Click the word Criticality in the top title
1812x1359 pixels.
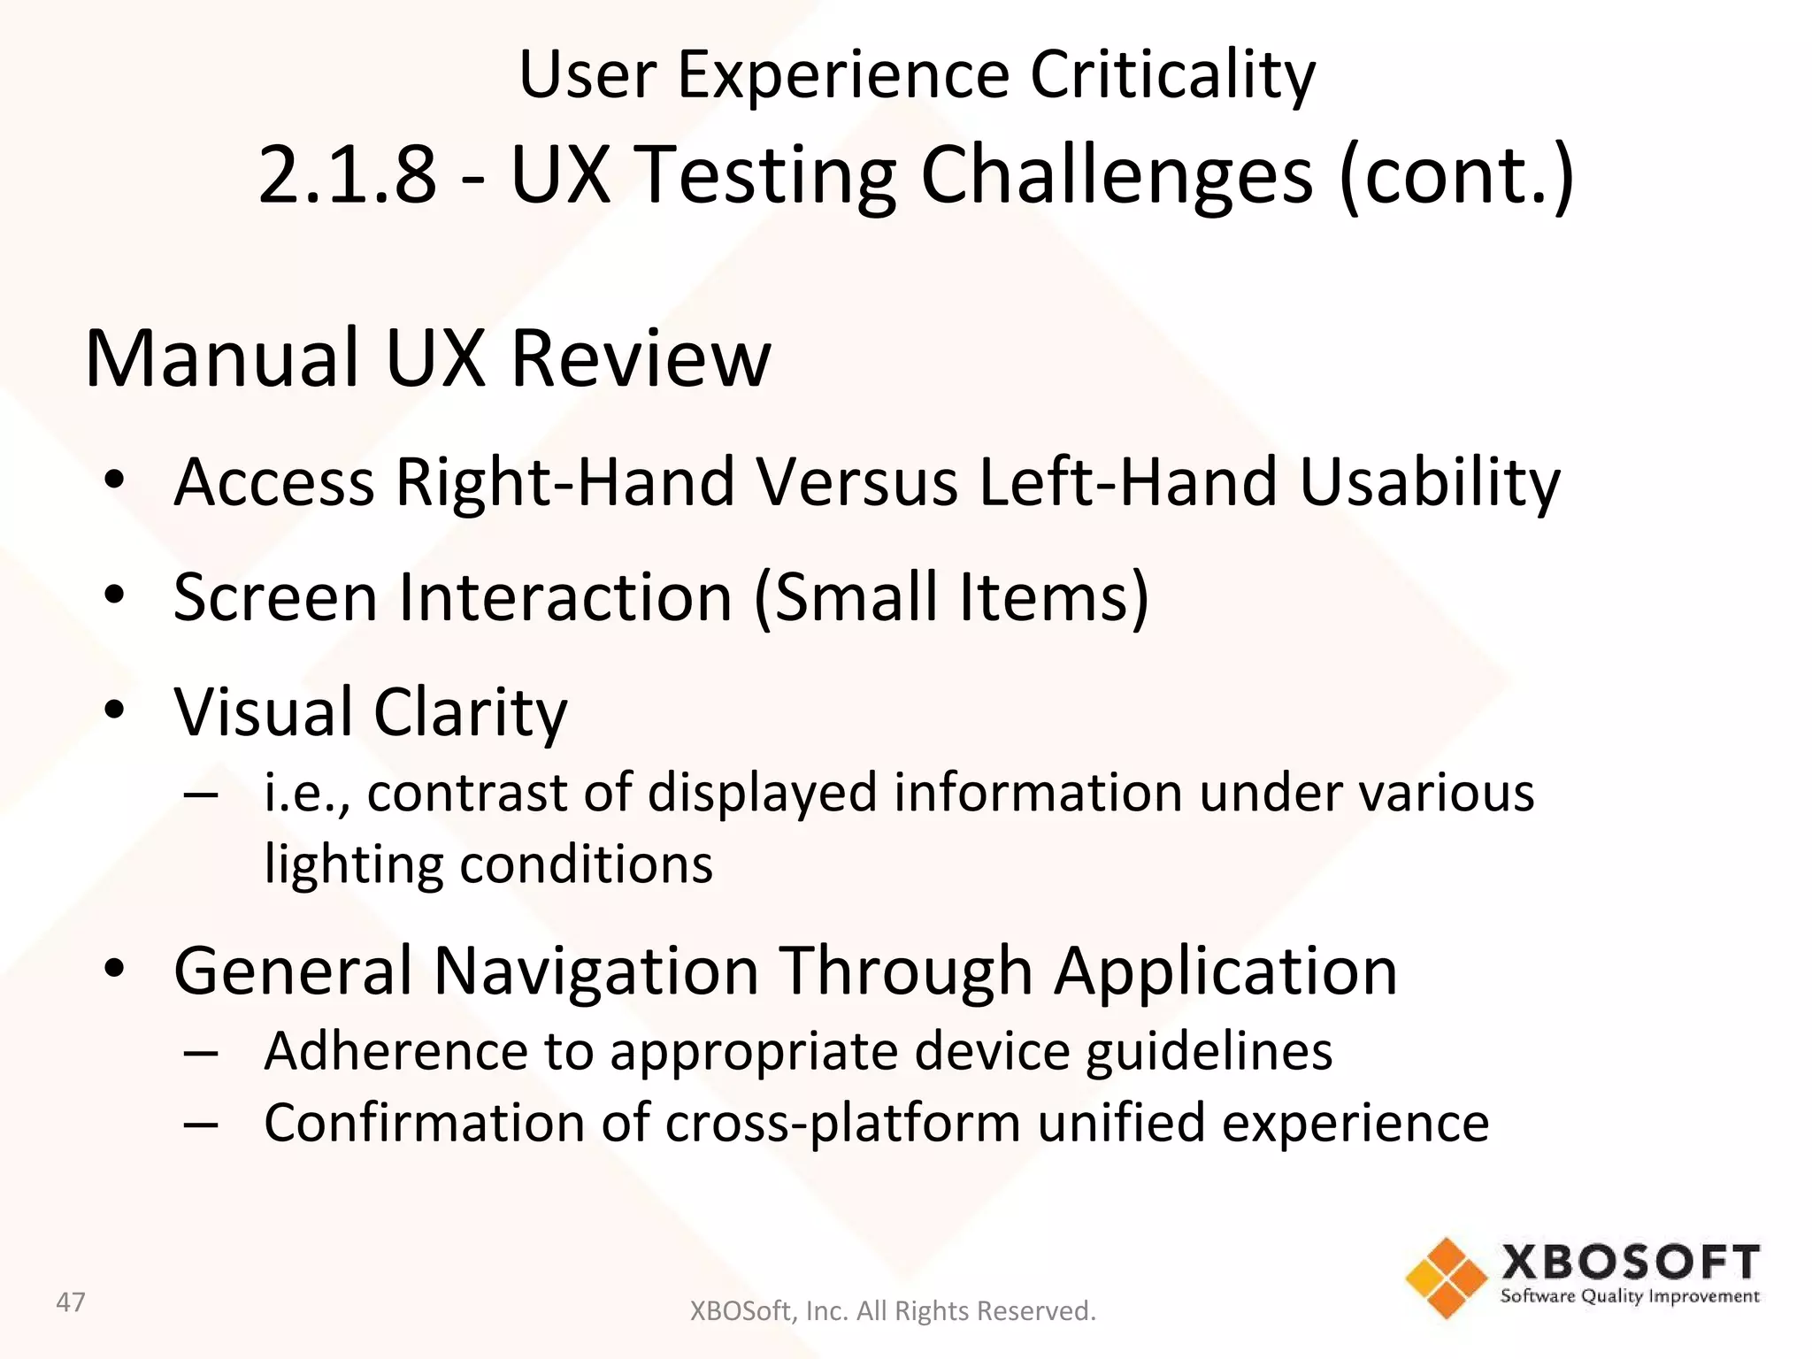pyautogui.click(x=1172, y=75)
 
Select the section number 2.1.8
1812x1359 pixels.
pyautogui.click(x=348, y=174)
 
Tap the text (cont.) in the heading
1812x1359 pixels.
pyautogui.click(x=1456, y=174)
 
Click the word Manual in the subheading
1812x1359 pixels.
pyautogui.click(x=221, y=358)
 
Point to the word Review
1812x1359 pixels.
pyautogui.click(x=641, y=358)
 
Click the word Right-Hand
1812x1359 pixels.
pyautogui.click(x=564, y=482)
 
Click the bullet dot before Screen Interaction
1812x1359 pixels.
pyautogui.click(x=114, y=595)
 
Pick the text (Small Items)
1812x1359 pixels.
pyautogui.click(x=951, y=598)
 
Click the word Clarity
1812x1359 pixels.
pyautogui.click(x=470, y=713)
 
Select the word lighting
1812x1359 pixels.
pyautogui.click(x=353, y=865)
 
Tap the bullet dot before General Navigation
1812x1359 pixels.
pyautogui.click(x=114, y=969)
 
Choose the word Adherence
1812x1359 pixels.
pyautogui.click(x=395, y=1051)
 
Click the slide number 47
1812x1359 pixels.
pyautogui.click(x=71, y=1302)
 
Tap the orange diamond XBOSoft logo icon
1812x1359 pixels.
pyautogui.click(x=1446, y=1278)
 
